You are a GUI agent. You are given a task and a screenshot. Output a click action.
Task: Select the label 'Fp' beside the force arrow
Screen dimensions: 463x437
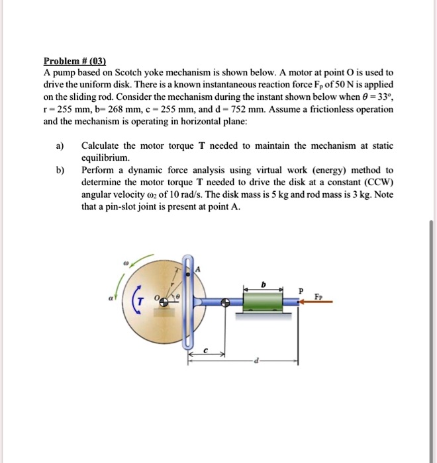point(320,293)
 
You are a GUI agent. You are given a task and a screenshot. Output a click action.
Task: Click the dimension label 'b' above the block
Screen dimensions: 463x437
point(263,283)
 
